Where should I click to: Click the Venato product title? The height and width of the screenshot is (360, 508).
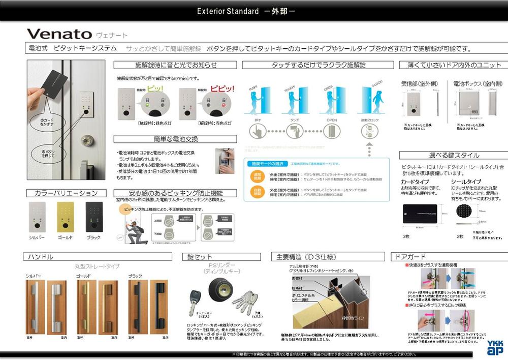point(59,34)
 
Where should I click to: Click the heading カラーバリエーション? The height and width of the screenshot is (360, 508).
point(66,193)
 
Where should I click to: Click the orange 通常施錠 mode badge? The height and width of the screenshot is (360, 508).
point(258,176)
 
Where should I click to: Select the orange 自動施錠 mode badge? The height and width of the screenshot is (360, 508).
point(258,192)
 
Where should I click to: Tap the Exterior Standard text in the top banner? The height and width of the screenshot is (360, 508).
point(228,11)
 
